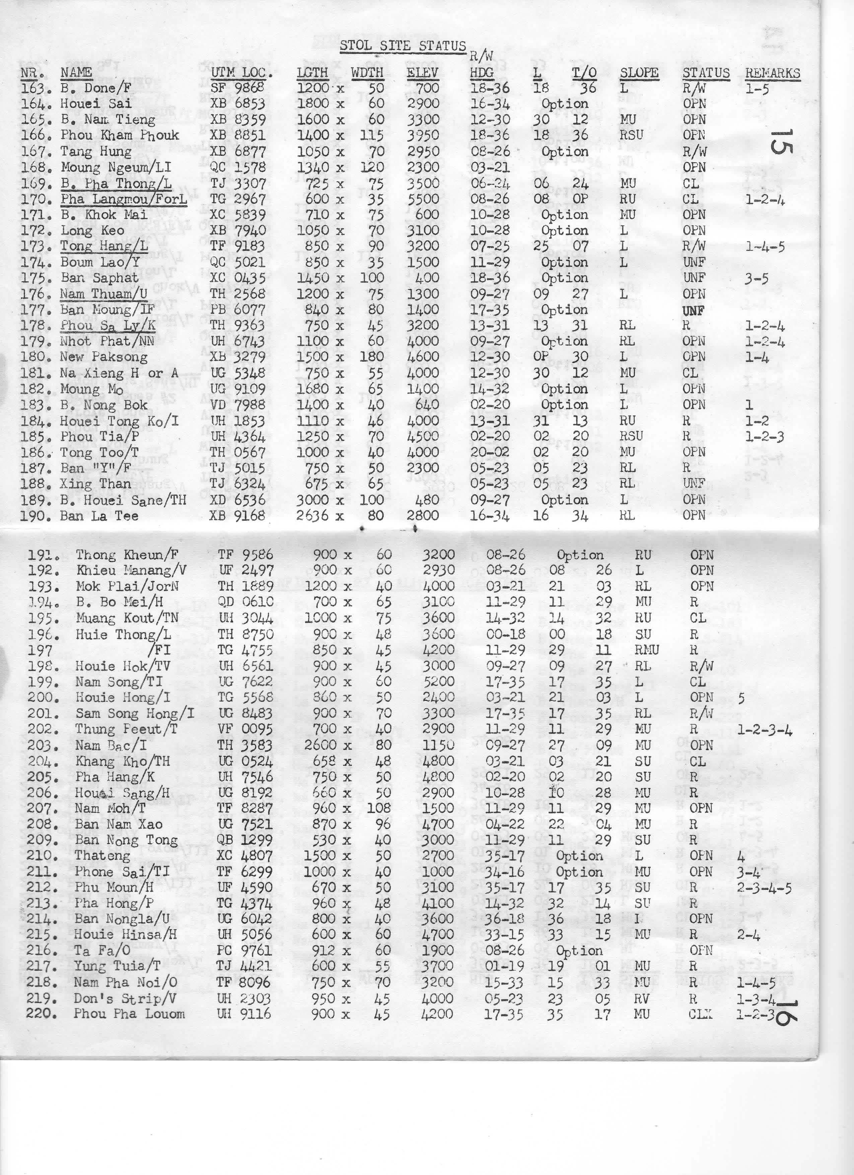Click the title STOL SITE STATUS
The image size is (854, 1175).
403,46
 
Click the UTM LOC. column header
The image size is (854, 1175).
235,73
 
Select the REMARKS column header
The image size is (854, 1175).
772,73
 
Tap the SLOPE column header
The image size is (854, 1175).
639,73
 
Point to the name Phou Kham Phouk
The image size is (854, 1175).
120,135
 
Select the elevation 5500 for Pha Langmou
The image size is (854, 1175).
423,199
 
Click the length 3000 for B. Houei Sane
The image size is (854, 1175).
313,500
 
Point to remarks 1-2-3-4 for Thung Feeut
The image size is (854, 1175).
764,729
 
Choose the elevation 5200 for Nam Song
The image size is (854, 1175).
438,682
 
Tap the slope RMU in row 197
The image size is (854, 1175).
646,650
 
